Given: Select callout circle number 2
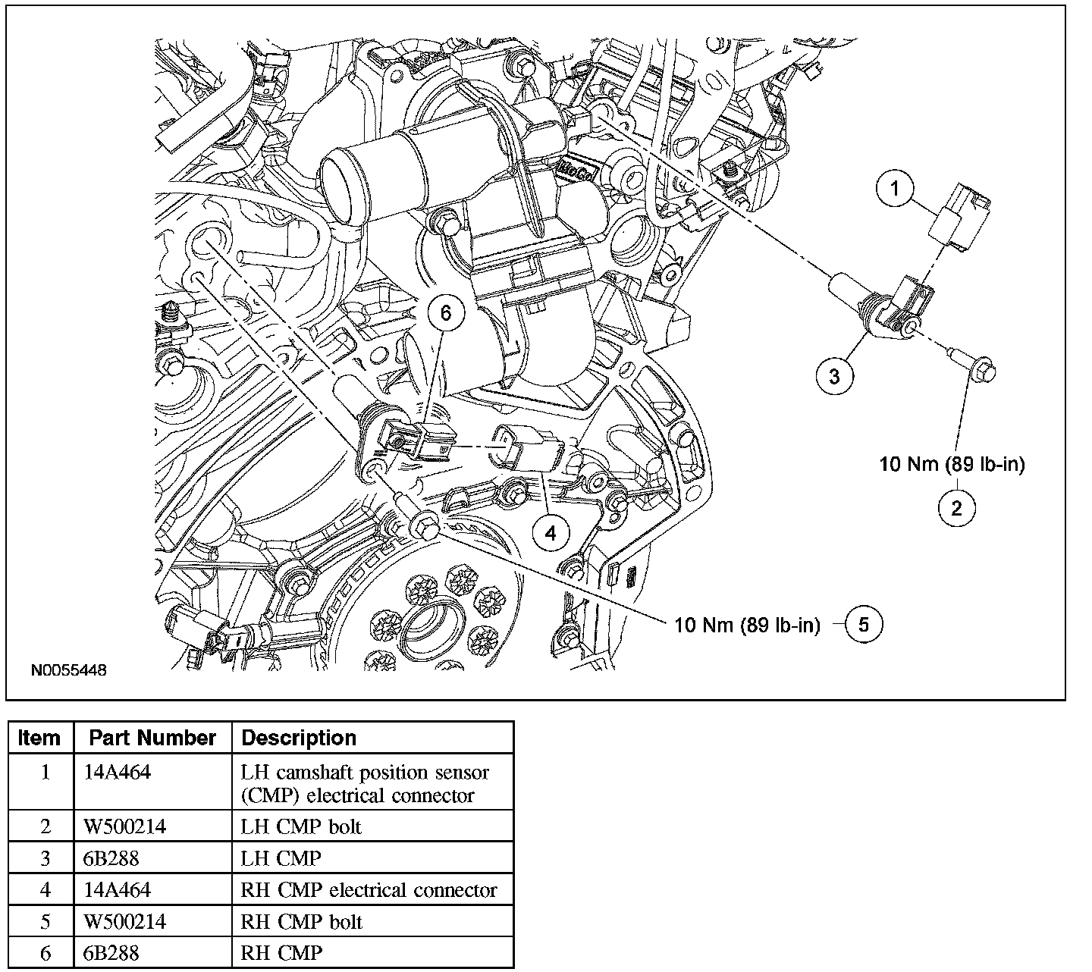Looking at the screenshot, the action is tap(956, 507).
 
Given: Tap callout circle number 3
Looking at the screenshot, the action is tap(835, 376).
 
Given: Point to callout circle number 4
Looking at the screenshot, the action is tap(551, 533).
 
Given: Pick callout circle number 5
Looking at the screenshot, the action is tap(863, 624).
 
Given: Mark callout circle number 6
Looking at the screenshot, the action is tap(445, 312).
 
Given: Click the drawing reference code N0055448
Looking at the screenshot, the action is tap(68, 671).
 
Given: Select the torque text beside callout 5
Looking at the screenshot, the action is tap(747, 625).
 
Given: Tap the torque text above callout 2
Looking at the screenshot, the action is tap(952, 464).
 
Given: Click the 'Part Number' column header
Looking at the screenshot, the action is tap(152, 738).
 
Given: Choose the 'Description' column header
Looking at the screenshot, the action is tap(299, 738).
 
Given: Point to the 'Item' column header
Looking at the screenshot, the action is tap(39, 738).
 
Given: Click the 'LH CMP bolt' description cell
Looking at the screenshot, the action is tap(301, 826).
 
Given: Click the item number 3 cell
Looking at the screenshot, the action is tap(44, 858).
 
